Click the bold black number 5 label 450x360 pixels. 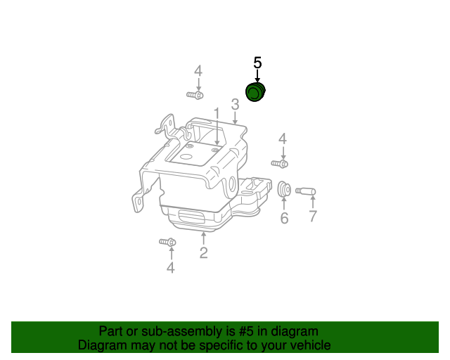point(257,63)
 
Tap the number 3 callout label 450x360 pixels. point(235,104)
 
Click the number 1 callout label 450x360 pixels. point(217,113)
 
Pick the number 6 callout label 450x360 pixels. point(284,219)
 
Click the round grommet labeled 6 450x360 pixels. point(284,190)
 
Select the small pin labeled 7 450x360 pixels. point(306,191)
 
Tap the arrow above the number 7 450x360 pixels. point(313,203)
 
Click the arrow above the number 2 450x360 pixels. point(203,238)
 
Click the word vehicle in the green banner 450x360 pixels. point(309,345)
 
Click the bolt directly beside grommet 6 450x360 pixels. point(280,164)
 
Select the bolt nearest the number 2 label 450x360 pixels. point(167,243)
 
